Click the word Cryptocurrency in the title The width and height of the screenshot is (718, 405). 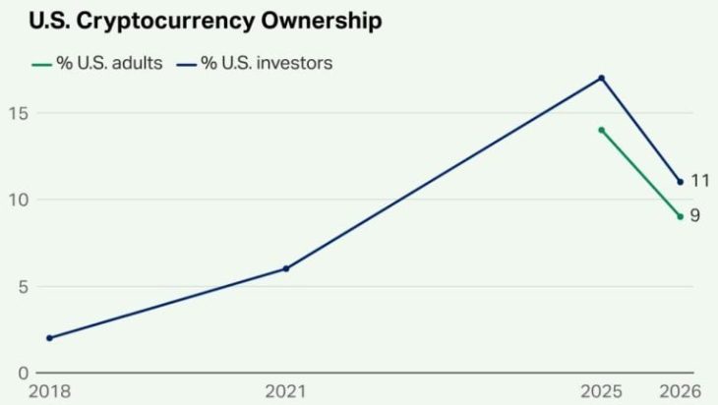(x=165, y=22)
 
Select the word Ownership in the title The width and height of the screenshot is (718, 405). (x=322, y=22)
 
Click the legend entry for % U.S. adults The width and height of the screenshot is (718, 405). (x=97, y=63)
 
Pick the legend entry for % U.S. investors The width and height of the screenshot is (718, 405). (x=255, y=63)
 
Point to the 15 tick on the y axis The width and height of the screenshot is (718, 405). (x=19, y=113)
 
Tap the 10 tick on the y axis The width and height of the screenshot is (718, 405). (x=19, y=200)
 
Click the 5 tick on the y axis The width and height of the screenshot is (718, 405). (x=24, y=287)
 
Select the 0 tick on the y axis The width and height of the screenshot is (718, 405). (x=24, y=374)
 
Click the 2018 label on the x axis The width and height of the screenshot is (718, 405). (x=49, y=391)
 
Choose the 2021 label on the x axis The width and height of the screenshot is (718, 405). (x=286, y=391)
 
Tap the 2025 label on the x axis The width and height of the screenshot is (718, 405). (x=601, y=391)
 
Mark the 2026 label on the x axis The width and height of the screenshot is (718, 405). (x=680, y=391)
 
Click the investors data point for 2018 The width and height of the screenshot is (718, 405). (x=49, y=338)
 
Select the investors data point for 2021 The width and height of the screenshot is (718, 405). (x=286, y=268)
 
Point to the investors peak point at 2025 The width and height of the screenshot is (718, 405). (x=601, y=79)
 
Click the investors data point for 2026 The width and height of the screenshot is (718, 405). (x=680, y=182)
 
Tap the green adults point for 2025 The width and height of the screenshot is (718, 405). (x=601, y=131)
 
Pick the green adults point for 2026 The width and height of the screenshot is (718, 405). (x=680, y=216)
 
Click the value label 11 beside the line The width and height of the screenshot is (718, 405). (x=700, y=181)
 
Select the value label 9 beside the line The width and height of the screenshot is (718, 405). (x=695, y=215)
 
